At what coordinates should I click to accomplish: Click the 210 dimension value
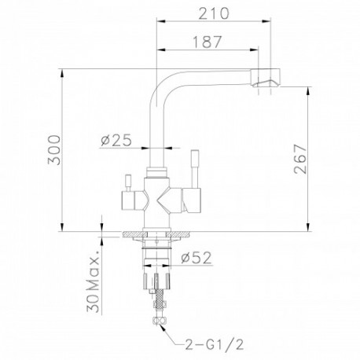(x=213, y=13)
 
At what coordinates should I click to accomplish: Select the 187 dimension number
(x=208, y=42)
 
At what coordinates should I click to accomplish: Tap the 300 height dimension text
(x=54, y=150)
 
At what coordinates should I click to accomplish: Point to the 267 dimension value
(x=300, y=159)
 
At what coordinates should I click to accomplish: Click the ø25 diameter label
(x=116, y=141)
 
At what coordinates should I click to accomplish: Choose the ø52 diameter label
(x=196, y=258)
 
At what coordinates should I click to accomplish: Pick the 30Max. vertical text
(x=93, y=281)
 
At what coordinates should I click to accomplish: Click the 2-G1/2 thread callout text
(x=215, y=344)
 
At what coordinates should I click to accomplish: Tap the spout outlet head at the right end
(x=266, y=78)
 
